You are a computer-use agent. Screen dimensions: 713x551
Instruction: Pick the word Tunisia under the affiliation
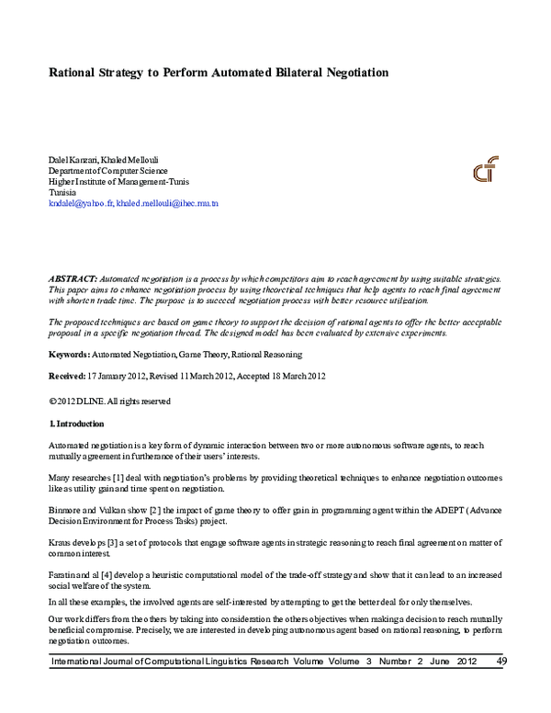[62, 193]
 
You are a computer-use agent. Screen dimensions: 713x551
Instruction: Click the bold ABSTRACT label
[71, 277]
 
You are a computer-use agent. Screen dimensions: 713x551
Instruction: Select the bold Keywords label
[69, 354]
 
